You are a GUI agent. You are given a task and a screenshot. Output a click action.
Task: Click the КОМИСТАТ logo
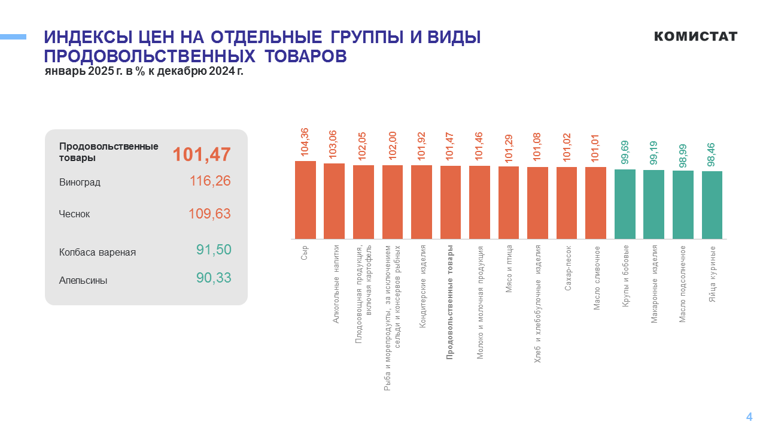click(x=695, y=37)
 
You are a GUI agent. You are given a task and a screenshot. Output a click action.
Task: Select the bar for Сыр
click(x=305, y=200)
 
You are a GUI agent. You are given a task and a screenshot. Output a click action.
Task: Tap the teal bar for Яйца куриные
click(x=712, y=205)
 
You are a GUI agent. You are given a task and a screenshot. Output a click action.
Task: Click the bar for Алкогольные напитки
click(x=334, y=201)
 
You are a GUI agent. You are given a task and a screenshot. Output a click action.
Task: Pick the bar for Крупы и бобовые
click(x=625, y=204)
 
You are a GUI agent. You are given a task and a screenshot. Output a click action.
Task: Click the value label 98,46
click(x=712, y=154)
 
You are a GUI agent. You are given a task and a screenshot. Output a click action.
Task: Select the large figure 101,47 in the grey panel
click(x=202, y=154)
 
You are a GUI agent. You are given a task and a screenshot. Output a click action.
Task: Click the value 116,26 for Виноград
click(x=210, y=181)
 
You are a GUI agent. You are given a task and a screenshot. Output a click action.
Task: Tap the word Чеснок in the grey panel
click(x=75, y=214)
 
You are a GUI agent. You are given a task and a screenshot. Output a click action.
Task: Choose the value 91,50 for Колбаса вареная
click(x=214, y=250)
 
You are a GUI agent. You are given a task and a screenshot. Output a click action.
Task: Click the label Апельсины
click(x=83, y=280)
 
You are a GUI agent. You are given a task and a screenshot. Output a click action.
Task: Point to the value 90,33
click(x=214, y=278)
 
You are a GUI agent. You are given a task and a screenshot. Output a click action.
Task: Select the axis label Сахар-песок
click(x=568, y=268)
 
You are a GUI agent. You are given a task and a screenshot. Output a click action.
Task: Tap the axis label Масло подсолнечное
click(x=683, y=283)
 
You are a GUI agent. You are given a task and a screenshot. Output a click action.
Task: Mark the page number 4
click(x=749, y=417)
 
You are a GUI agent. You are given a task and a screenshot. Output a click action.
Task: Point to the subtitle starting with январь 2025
click(x=144, y=71)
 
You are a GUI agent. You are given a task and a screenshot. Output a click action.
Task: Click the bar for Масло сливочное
click(x=595, y=203)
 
